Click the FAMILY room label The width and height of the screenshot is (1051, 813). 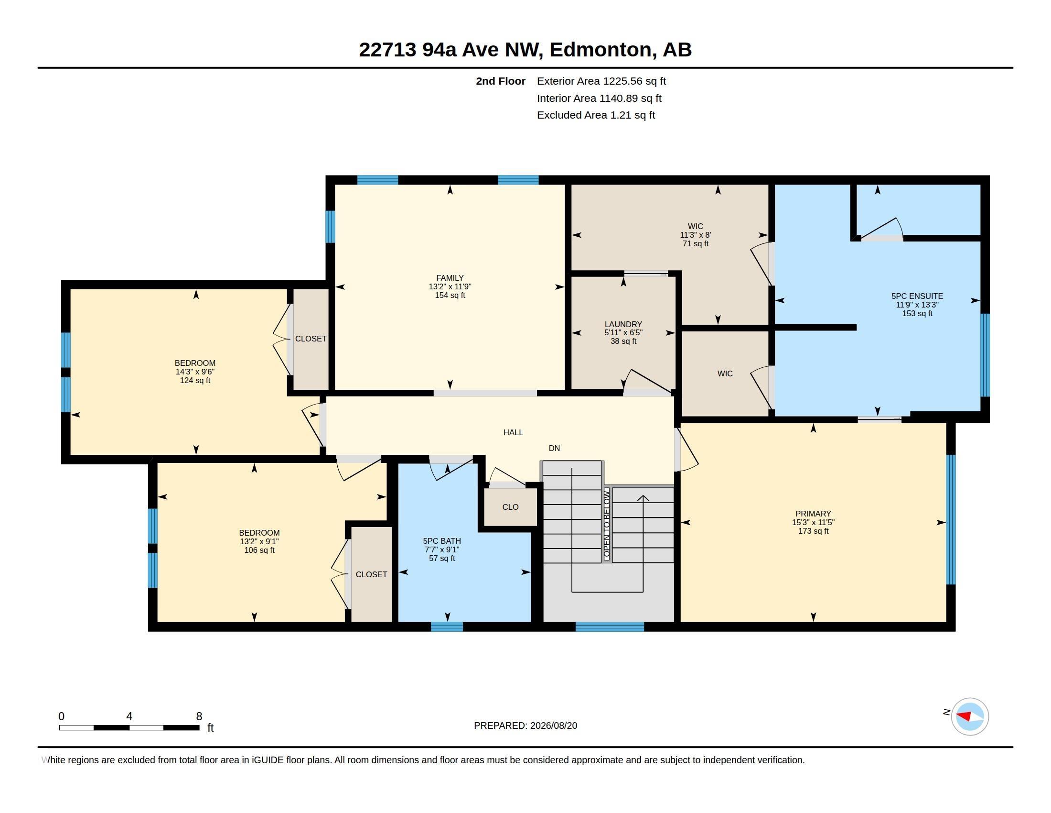point(450,278)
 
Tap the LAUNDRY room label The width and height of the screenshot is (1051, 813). point(623,324)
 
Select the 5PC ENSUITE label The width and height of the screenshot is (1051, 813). point(917,296)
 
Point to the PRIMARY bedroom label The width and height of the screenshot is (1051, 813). point(813,514)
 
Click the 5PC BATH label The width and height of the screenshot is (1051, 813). point(442,541)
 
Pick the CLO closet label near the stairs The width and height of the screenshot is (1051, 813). point(510,506)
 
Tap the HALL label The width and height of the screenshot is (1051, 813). point(513,432)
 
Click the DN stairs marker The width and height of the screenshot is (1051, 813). point(554,448)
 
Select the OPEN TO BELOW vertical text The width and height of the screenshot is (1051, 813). point(607,524)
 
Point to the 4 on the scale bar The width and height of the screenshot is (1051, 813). point(129,716)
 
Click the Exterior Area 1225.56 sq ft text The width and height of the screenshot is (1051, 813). point(601,81)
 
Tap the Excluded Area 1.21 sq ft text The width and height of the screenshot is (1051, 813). point(596,115)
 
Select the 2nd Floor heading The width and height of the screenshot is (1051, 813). point(501,81)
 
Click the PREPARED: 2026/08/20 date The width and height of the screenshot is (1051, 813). point(525,725)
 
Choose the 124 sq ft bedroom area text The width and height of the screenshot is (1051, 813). point(195,381)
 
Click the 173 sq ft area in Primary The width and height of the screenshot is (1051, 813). point(813,531)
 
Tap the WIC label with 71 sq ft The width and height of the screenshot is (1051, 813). point(696,226)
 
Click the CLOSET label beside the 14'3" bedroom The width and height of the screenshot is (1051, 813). point(311,339)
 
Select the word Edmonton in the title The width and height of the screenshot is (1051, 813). point(601,50)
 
